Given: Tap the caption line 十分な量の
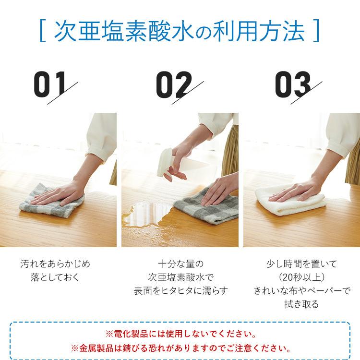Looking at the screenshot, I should pos(180,264).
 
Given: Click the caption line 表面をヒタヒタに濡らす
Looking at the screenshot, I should pos(180,290).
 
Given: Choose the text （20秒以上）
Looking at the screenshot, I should pos(302,277).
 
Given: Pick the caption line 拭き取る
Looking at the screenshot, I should pos(302,304).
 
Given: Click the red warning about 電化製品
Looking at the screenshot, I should pos(180,333).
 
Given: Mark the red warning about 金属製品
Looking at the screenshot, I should pos(180,347).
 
